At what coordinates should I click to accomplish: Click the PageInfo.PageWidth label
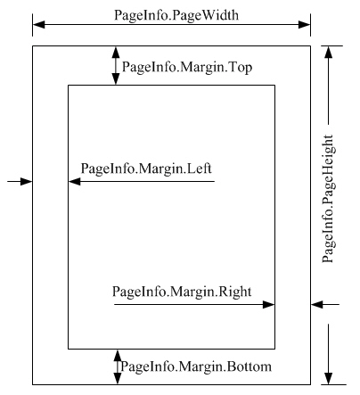pyautogui.click(x=176, y=15)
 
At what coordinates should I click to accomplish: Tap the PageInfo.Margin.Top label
pyautogui.click(x=187, y=67)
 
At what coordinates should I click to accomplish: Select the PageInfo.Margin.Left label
pyautogui.click(x=146, y=169)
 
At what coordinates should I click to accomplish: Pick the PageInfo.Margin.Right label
pyautogui.click(x=182, y=292)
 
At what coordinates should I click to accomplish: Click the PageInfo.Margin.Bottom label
pyautogui.click(x=196, y=366)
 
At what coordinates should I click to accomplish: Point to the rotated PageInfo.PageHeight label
pyautogui.click(x=329, y=199)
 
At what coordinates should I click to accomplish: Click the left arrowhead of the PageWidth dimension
pyautogui.click(x=39, y=25)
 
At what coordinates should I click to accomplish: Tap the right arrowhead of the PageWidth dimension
pyautogui.click(x=304, y=25)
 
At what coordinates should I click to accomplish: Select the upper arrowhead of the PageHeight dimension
pyautogui.click(x=328, y=52)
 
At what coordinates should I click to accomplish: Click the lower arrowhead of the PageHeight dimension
pyautogui.click(x=328, y=378)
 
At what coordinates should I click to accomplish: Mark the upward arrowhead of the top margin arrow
pyautogui.click(x=116, y=53)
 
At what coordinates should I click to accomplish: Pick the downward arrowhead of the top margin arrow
pyautogui.click(x=116, y=78)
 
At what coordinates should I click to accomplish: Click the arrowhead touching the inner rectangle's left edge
pyautogui.click(x=74, y=181)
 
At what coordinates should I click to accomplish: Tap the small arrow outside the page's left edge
pyautogui.click(x=20, y=181)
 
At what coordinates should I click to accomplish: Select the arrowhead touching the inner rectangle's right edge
pyautogui.click(x=269, y=304)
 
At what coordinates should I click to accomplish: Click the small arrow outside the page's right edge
pyautogui.click(x=325, y=304)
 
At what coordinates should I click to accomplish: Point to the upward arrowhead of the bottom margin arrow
pyautogui.click(x=118, y=356)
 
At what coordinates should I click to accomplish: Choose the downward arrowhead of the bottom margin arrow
pyautogui.click(x=118, y=378)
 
